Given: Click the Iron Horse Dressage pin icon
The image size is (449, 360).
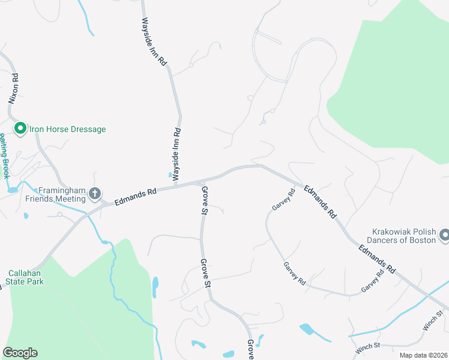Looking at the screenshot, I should point(19,128).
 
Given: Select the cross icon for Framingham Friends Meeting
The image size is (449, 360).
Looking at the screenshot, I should point(95,193).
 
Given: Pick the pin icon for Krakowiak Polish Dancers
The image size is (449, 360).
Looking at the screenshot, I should point(445,235).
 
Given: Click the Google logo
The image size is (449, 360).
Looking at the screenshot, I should point(20,353).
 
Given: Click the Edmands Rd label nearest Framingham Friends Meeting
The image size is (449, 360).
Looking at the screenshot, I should point(135,195).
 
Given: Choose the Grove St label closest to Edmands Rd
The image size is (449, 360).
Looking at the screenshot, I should point(205,201).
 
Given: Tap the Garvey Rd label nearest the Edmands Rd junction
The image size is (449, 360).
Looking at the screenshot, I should point(283,200).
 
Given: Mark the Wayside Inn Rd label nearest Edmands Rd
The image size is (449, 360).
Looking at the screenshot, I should point(176,154).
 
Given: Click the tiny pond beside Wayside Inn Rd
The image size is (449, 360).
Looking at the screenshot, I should point(171,175).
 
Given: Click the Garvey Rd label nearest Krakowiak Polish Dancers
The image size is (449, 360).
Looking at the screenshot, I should point(372,282).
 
